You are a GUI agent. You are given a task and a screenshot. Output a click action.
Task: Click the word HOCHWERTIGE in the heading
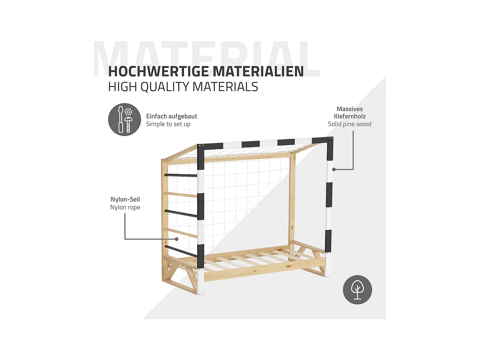coord(158,72)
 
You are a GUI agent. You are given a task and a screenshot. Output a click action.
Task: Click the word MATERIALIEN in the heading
coord(258,72)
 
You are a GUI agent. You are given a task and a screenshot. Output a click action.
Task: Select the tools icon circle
coord(124,119)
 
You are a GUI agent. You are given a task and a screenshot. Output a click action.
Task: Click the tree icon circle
coord(357,290)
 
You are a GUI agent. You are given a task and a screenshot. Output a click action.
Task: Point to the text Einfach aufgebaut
coord(172,116)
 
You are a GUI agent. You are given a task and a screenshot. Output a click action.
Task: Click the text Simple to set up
coord(168,124)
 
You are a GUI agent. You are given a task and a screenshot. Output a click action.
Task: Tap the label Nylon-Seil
coord(125,199)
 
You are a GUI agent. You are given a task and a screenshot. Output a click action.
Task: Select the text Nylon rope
coord(125,207)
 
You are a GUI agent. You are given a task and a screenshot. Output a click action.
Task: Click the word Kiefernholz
coord(350,116)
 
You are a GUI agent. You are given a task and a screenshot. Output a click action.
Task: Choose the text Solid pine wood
coord(350,124)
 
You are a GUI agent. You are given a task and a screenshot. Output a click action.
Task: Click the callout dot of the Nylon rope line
coord(177,239)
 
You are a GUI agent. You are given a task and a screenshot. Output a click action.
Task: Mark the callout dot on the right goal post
coord(334,169)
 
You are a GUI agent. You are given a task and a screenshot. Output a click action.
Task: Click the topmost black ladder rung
coord(181,175)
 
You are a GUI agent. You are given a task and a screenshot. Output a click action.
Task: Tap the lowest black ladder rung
coord(181,251)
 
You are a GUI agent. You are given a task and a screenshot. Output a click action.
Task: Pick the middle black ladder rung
coord(181,213)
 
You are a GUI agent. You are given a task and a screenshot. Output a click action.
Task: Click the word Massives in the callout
coord(350,109)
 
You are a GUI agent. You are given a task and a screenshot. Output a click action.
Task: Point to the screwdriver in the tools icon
coord(121,119)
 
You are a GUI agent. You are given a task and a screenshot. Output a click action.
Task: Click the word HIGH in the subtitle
coord(123,87)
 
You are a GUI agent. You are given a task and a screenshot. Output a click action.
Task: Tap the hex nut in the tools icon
coord(128,112)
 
